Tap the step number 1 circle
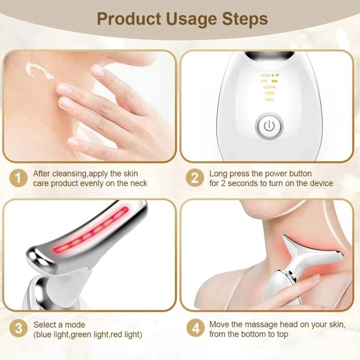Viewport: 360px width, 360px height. [x=18, y=178]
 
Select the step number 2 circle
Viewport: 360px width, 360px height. [x=195, y=178]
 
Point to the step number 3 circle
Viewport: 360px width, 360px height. [x=18, y=329]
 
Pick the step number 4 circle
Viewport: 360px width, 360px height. [x=195, y=329]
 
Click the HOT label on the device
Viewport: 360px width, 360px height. [x=269, y=100]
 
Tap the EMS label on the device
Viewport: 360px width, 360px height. [x=269, y=93]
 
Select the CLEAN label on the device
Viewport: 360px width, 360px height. [x=269, y=87]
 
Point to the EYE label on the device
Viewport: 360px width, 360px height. [x=264, y=81]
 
